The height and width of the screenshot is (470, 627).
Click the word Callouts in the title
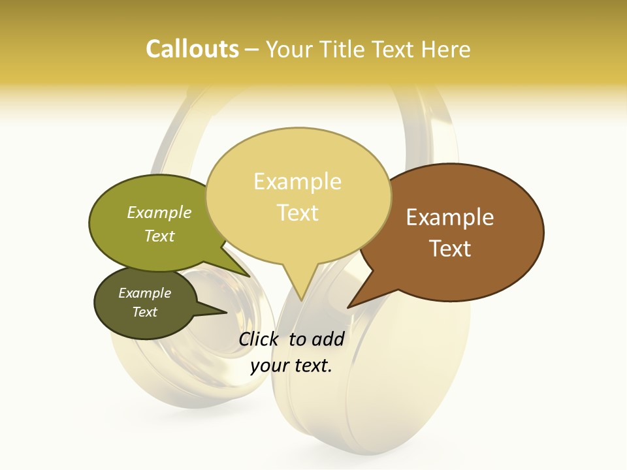point(192,49)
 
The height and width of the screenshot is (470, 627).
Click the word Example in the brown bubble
point(450,217)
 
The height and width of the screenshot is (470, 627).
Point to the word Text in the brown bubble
point(450,249)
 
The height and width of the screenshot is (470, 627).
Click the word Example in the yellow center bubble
point(297,181)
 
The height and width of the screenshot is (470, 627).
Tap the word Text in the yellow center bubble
point(297,213)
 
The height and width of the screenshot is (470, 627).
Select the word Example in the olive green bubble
point(159,213)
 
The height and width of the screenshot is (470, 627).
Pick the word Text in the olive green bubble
point(159,236)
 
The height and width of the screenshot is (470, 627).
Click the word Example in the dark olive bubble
point(144,293)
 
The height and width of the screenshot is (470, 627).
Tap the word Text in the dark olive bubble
point(144,312)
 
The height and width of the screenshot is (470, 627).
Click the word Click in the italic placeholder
point(260,339)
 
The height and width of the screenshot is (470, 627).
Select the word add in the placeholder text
point(329,339)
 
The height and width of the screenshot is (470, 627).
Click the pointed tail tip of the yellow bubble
point(301,300)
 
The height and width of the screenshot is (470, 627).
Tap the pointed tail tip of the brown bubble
point(348,307)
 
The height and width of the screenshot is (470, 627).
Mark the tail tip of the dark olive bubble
point(227,313)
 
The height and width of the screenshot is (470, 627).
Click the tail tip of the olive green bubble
point(250,276)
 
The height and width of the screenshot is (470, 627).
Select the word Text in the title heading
point(393,49)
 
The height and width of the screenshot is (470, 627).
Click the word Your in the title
point(289,49)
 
